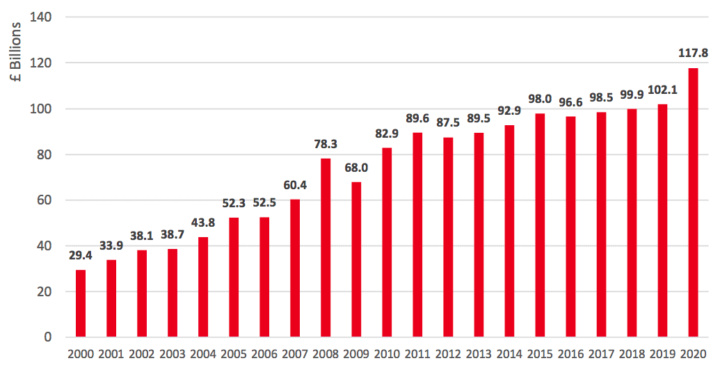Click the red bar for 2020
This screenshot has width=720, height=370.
(x=693, y=202)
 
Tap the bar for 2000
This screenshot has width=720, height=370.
(x=81, y=303)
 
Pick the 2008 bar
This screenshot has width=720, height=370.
(x=326, y=248)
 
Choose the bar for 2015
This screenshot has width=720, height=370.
(x=540, y=225)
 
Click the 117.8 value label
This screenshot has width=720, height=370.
(x=693, y=52)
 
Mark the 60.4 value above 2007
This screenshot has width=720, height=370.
(x=295, y=184)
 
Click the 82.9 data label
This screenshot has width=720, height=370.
(x=387, y=133)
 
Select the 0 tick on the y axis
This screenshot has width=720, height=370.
(x=48, y=337)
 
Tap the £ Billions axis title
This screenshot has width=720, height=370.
(x=16, y=53)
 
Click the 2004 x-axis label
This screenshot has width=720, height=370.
(x=203, y=354)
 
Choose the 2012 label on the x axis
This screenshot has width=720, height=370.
(x=448, y=354)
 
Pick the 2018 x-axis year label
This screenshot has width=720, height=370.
(x=632, y=354)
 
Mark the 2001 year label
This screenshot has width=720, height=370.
(x=111, y=354)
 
